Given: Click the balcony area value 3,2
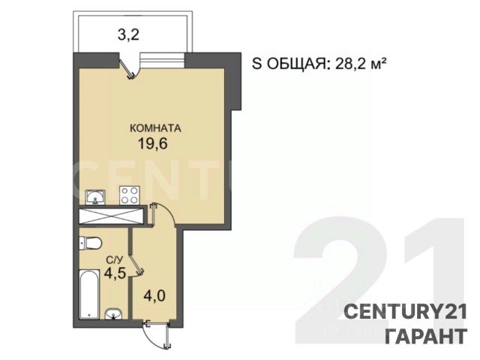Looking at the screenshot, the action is tap(128, 35).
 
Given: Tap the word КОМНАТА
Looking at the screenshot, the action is tap(155, 128).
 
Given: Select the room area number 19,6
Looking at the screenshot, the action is tap(153, 143).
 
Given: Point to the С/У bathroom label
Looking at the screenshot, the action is tap(115, 260).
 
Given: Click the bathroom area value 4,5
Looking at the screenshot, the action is tap(115, 273).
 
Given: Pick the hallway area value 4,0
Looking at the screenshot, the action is tap(155, 296).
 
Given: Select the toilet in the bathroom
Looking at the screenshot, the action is tap(90, 243).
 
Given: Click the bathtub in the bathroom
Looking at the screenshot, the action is tap(89, 295).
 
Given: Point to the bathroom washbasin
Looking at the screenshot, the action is tap(113, 314).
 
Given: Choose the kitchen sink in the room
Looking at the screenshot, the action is tap(95, 196).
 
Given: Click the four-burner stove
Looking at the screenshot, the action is tap(130, 195).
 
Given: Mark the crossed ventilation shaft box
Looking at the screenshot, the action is tap(112, 216).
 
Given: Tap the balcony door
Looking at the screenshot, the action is tap(129, 67).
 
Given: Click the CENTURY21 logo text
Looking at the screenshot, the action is tap(406, 312).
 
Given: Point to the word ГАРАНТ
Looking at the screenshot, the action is tap(426, 336).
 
